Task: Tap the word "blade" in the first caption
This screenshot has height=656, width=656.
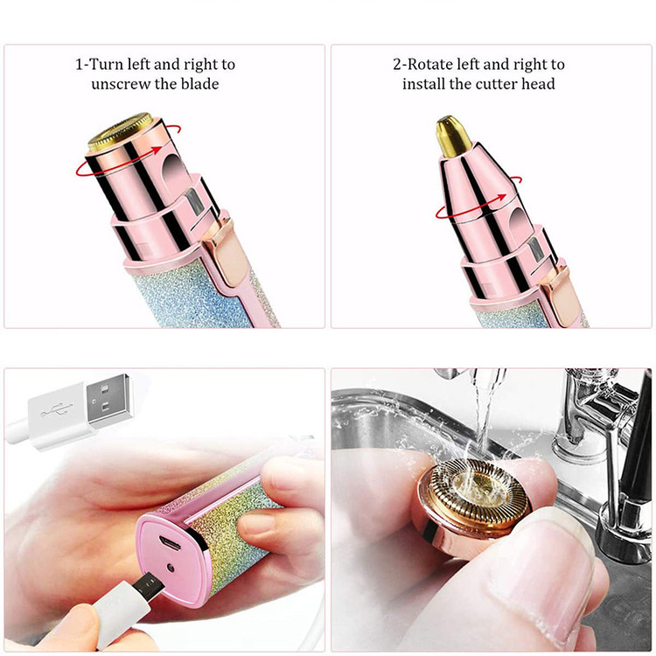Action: [200, 84]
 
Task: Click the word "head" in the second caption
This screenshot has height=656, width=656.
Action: [539, 84]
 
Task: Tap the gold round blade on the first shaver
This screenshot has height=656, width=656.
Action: [120, 130]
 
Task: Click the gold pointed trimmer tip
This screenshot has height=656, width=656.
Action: [453, 136]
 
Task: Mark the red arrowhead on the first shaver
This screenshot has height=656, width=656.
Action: [157, 150]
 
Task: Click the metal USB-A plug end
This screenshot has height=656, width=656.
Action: [109, 401]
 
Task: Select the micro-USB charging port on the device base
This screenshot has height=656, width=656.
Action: [170, 543]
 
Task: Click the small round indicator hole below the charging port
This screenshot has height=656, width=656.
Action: [171, 568]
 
